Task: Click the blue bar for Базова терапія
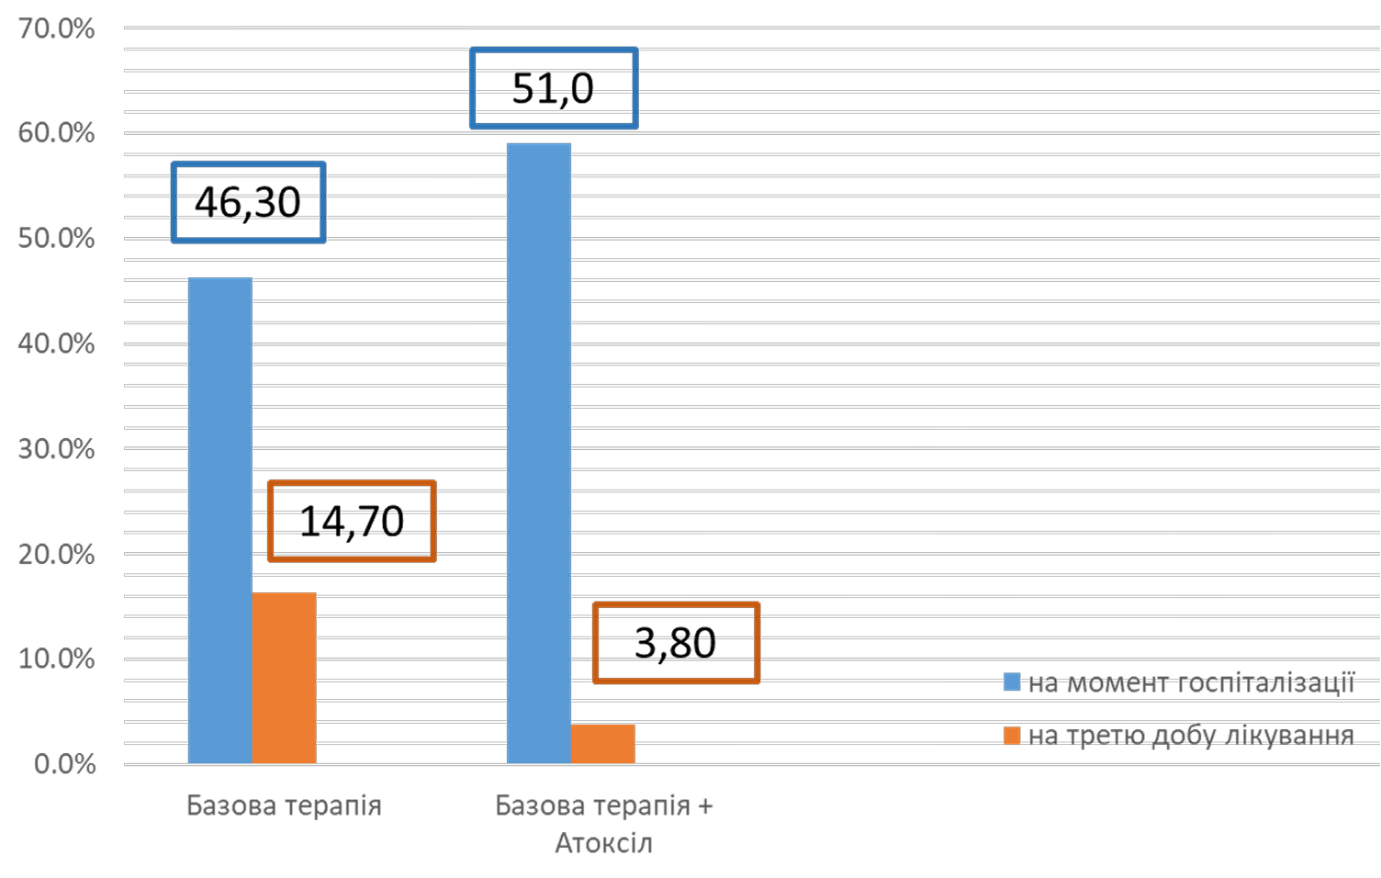click(220, 520)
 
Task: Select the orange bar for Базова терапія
click(285, 678)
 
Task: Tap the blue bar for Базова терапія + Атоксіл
click(539, 453)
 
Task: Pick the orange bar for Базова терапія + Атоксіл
click(602, 744)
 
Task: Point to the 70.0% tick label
click(56, 28)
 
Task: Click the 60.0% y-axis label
click(56, 133)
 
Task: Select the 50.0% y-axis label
click(56, 239)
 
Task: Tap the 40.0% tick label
click(56, 343)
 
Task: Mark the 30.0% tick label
click(56, 449)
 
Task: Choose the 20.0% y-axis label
click(56, 555)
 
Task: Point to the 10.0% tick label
click(56, 659)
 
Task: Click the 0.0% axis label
click(64, 764)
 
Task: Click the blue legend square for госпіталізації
click(1012, 682)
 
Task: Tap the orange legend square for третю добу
click(1012, 736)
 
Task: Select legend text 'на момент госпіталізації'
click(1191, 682)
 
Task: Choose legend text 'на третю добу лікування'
click(1191, 736)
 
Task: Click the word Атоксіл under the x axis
click(603, 843)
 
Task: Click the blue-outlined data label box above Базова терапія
click(249, 202)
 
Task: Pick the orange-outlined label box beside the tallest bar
click(677, 643)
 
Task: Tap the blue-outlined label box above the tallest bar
click(554, 88)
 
